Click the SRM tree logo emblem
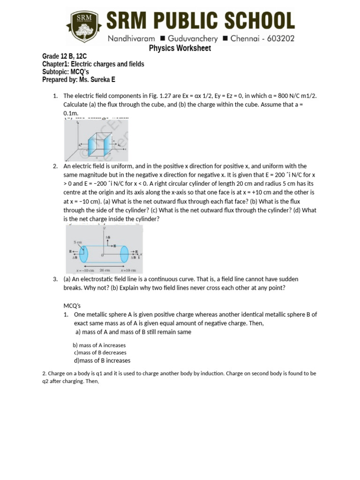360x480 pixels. (x=81, y=27)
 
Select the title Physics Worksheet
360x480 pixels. (x=180, y=48)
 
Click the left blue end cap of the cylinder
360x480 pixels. (x=83, y=255)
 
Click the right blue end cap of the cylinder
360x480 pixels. (x=124, y=254)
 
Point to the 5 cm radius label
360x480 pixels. (x=77, y=242)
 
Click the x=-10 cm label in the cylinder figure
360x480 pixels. (x=85, y=270)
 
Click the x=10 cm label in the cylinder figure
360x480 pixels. (x=128, y=270)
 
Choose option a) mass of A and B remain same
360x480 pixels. (x=133, y=332)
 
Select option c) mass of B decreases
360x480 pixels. (x=100, y=352)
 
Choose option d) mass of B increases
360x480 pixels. (x=102, y=360)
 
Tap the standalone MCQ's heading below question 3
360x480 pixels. (x=72, y=306)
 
